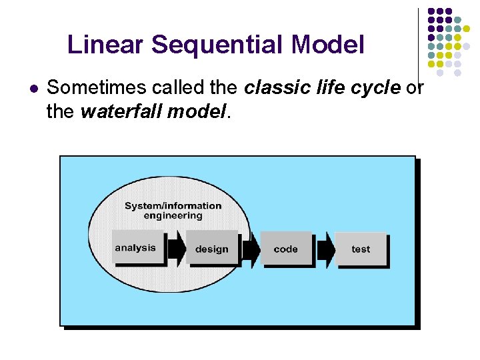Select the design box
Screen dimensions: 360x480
coord(211,249)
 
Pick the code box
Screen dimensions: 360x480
coord(285,249)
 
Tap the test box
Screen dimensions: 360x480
coord(360,249)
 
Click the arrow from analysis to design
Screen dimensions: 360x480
coord(175,249)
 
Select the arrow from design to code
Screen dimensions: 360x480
coord(250,249)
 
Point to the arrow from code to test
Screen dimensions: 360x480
coord(325,249)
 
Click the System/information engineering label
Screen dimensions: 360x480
coord(173,211)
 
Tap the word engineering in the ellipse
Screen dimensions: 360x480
coord(173,216)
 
